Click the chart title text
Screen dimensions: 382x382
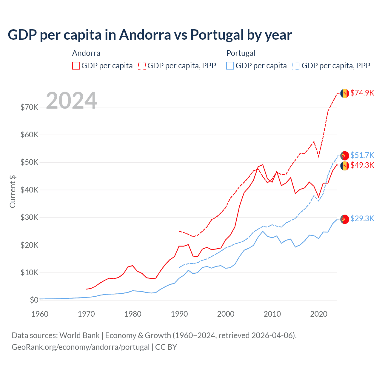click(x=150, y=35)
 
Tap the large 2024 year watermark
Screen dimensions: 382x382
click(x=71, y=101)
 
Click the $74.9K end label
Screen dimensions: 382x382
click(x=362, y=93)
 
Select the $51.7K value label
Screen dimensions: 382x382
click(x=362, y=155)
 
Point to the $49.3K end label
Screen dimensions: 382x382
click(x=362, y=165)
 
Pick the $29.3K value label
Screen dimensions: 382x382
click(x=362, y=218)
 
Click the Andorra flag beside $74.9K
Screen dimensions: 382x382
click(x=345, y=93)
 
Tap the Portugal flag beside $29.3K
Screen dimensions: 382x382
click(x=345, y=219)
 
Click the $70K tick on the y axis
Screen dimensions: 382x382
click(x=29, y=107)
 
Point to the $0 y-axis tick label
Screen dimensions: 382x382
click(x=34, y=300)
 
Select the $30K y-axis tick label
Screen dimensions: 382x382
click(x=29, y=217)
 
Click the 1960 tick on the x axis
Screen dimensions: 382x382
click(x=40, y=314)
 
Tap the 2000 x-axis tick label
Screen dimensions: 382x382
click(x=226, y=314)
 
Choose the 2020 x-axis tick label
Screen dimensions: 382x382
click(x=319, y=314)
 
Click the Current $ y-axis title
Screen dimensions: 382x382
click(x=13, y=192)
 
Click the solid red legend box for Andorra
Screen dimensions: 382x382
click(x=76, y=66)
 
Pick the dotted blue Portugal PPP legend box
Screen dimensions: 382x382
click(x=296, y=66)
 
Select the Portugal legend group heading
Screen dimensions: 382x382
click(x=241, y=53)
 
